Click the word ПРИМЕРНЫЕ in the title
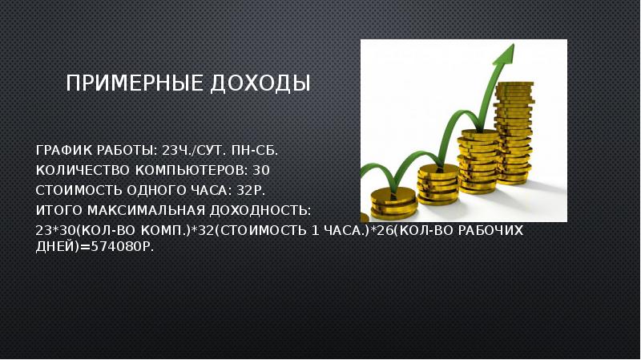pyautogui.click(x=135, y=83)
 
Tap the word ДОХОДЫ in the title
pyautogui.click(x=260, y=83)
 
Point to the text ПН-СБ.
pyautogui.click(x=255, y=151)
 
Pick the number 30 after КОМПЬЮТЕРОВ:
pyautogui.click(x=261, y=170)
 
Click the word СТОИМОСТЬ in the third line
pyautogui.click(x=79, y=190)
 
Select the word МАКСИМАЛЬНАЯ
pyautogui.click(x=146, y=210)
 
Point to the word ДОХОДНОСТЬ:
pyautogui.click(x=260, y=210)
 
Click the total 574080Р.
pyautogui.click(x=123, y=247)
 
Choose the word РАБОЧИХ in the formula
pyautogui.click(x=490, y=230)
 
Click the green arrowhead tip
pyautogui.click(x=514, y=44)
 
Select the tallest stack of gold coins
pyautogui.click(x=514, y=133)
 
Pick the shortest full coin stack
pyautogui.click(x=393, y=203)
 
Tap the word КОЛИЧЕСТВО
pyautogui.click(x=83, y=170)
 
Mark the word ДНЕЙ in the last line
pyautogui.click(x=57, y=247)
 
